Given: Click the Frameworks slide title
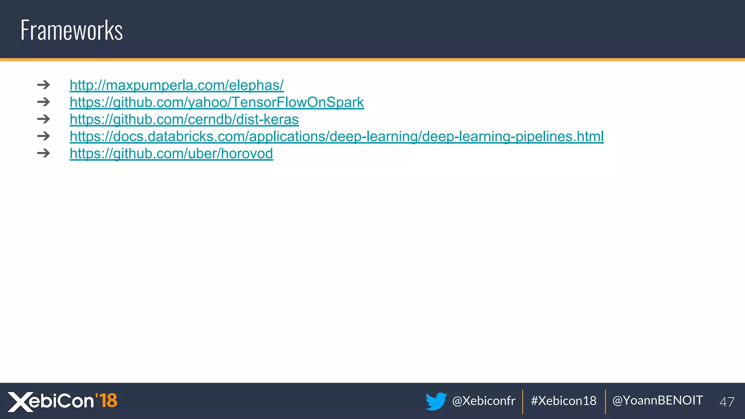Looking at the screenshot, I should tap(72, 30).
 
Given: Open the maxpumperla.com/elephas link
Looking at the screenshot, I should tap(176, 85).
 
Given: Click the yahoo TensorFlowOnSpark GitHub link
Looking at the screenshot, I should tap(216, 102).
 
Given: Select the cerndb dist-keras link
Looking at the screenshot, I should tap(184, 119).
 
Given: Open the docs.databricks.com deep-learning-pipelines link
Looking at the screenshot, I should tap(336, 136).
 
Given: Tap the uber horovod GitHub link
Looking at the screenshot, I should tap(171, 153).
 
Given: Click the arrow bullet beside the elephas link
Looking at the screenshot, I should tap(43, 85).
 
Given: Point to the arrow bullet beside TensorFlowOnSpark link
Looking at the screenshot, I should tap(43, 102).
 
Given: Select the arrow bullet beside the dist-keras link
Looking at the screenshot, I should tap(43, 119).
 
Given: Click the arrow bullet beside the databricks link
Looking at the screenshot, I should tap(43, 136).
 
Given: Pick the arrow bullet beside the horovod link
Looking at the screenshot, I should tap(43, 153).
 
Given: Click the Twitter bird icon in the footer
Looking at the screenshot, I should tap(436, 401).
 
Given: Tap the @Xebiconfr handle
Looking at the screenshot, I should tap(483, 401).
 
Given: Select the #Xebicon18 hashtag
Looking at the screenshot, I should tap(563, 401).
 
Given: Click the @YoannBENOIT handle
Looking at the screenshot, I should tap(657, 400).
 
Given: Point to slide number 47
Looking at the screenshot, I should tap(726, 402).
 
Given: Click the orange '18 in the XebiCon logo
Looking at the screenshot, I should tap(106, 400).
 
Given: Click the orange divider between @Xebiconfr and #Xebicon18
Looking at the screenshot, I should tap(523, 402).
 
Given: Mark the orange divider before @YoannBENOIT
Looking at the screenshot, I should tap(605, 402).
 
